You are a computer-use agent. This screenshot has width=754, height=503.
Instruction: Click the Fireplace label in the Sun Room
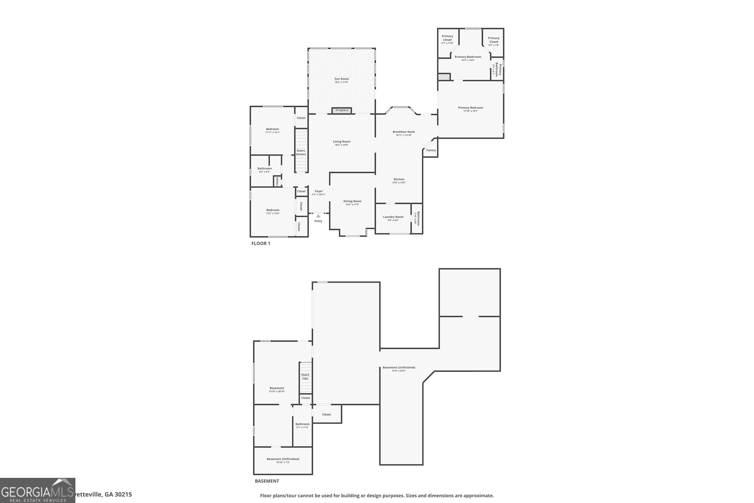coord(342,110)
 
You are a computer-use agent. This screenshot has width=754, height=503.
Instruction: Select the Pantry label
coord(431,150)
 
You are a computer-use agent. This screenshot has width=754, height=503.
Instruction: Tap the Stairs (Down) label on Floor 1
coord(301,152)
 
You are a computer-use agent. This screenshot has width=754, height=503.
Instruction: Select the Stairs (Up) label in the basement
coord(305,376)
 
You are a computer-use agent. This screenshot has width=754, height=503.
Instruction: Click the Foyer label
coord(319,191)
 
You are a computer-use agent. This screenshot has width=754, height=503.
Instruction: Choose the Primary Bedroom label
coord(470,108)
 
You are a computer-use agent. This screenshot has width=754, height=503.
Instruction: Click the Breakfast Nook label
coord(404,132)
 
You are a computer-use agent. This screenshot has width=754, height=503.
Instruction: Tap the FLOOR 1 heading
coord(261,243)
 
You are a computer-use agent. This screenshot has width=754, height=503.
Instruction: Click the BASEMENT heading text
coord(267,481)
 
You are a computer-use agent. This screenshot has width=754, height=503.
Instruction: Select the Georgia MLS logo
coord(37,490)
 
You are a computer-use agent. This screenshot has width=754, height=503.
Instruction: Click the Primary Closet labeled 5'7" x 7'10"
coord(447,38)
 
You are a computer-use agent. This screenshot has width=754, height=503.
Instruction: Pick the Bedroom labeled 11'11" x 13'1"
coord(272,129)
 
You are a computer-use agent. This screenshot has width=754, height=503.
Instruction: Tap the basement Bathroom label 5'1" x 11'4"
coord(302,424)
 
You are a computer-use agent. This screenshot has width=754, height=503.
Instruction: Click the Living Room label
coord(341,141)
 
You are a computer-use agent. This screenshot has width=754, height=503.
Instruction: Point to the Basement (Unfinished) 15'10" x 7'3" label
coord(283,459)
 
